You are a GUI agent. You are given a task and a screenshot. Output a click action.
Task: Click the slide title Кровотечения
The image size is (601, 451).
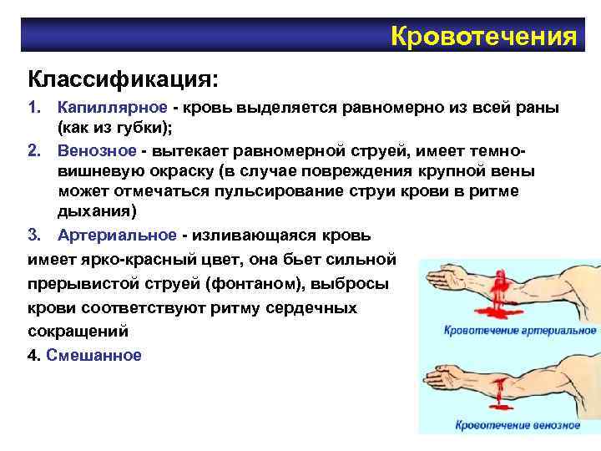[x=483, y=36]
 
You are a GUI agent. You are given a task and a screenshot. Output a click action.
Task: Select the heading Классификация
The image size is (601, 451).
[x=123, y=80]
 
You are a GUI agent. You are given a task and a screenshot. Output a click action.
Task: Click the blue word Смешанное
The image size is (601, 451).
[x=94, y=355]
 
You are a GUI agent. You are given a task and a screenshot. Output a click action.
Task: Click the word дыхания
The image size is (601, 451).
[x=92, y=212]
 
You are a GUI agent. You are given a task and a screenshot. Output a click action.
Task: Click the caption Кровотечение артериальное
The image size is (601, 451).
[x=519, y=331]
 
